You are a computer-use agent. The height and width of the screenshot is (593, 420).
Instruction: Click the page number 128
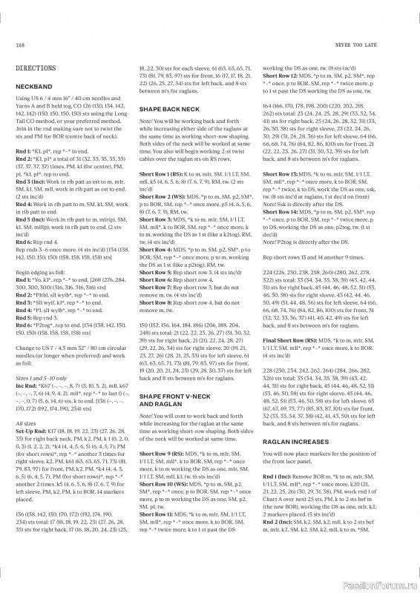coord(20,45)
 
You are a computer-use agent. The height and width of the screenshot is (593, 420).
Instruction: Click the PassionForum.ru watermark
coord(377,583)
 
